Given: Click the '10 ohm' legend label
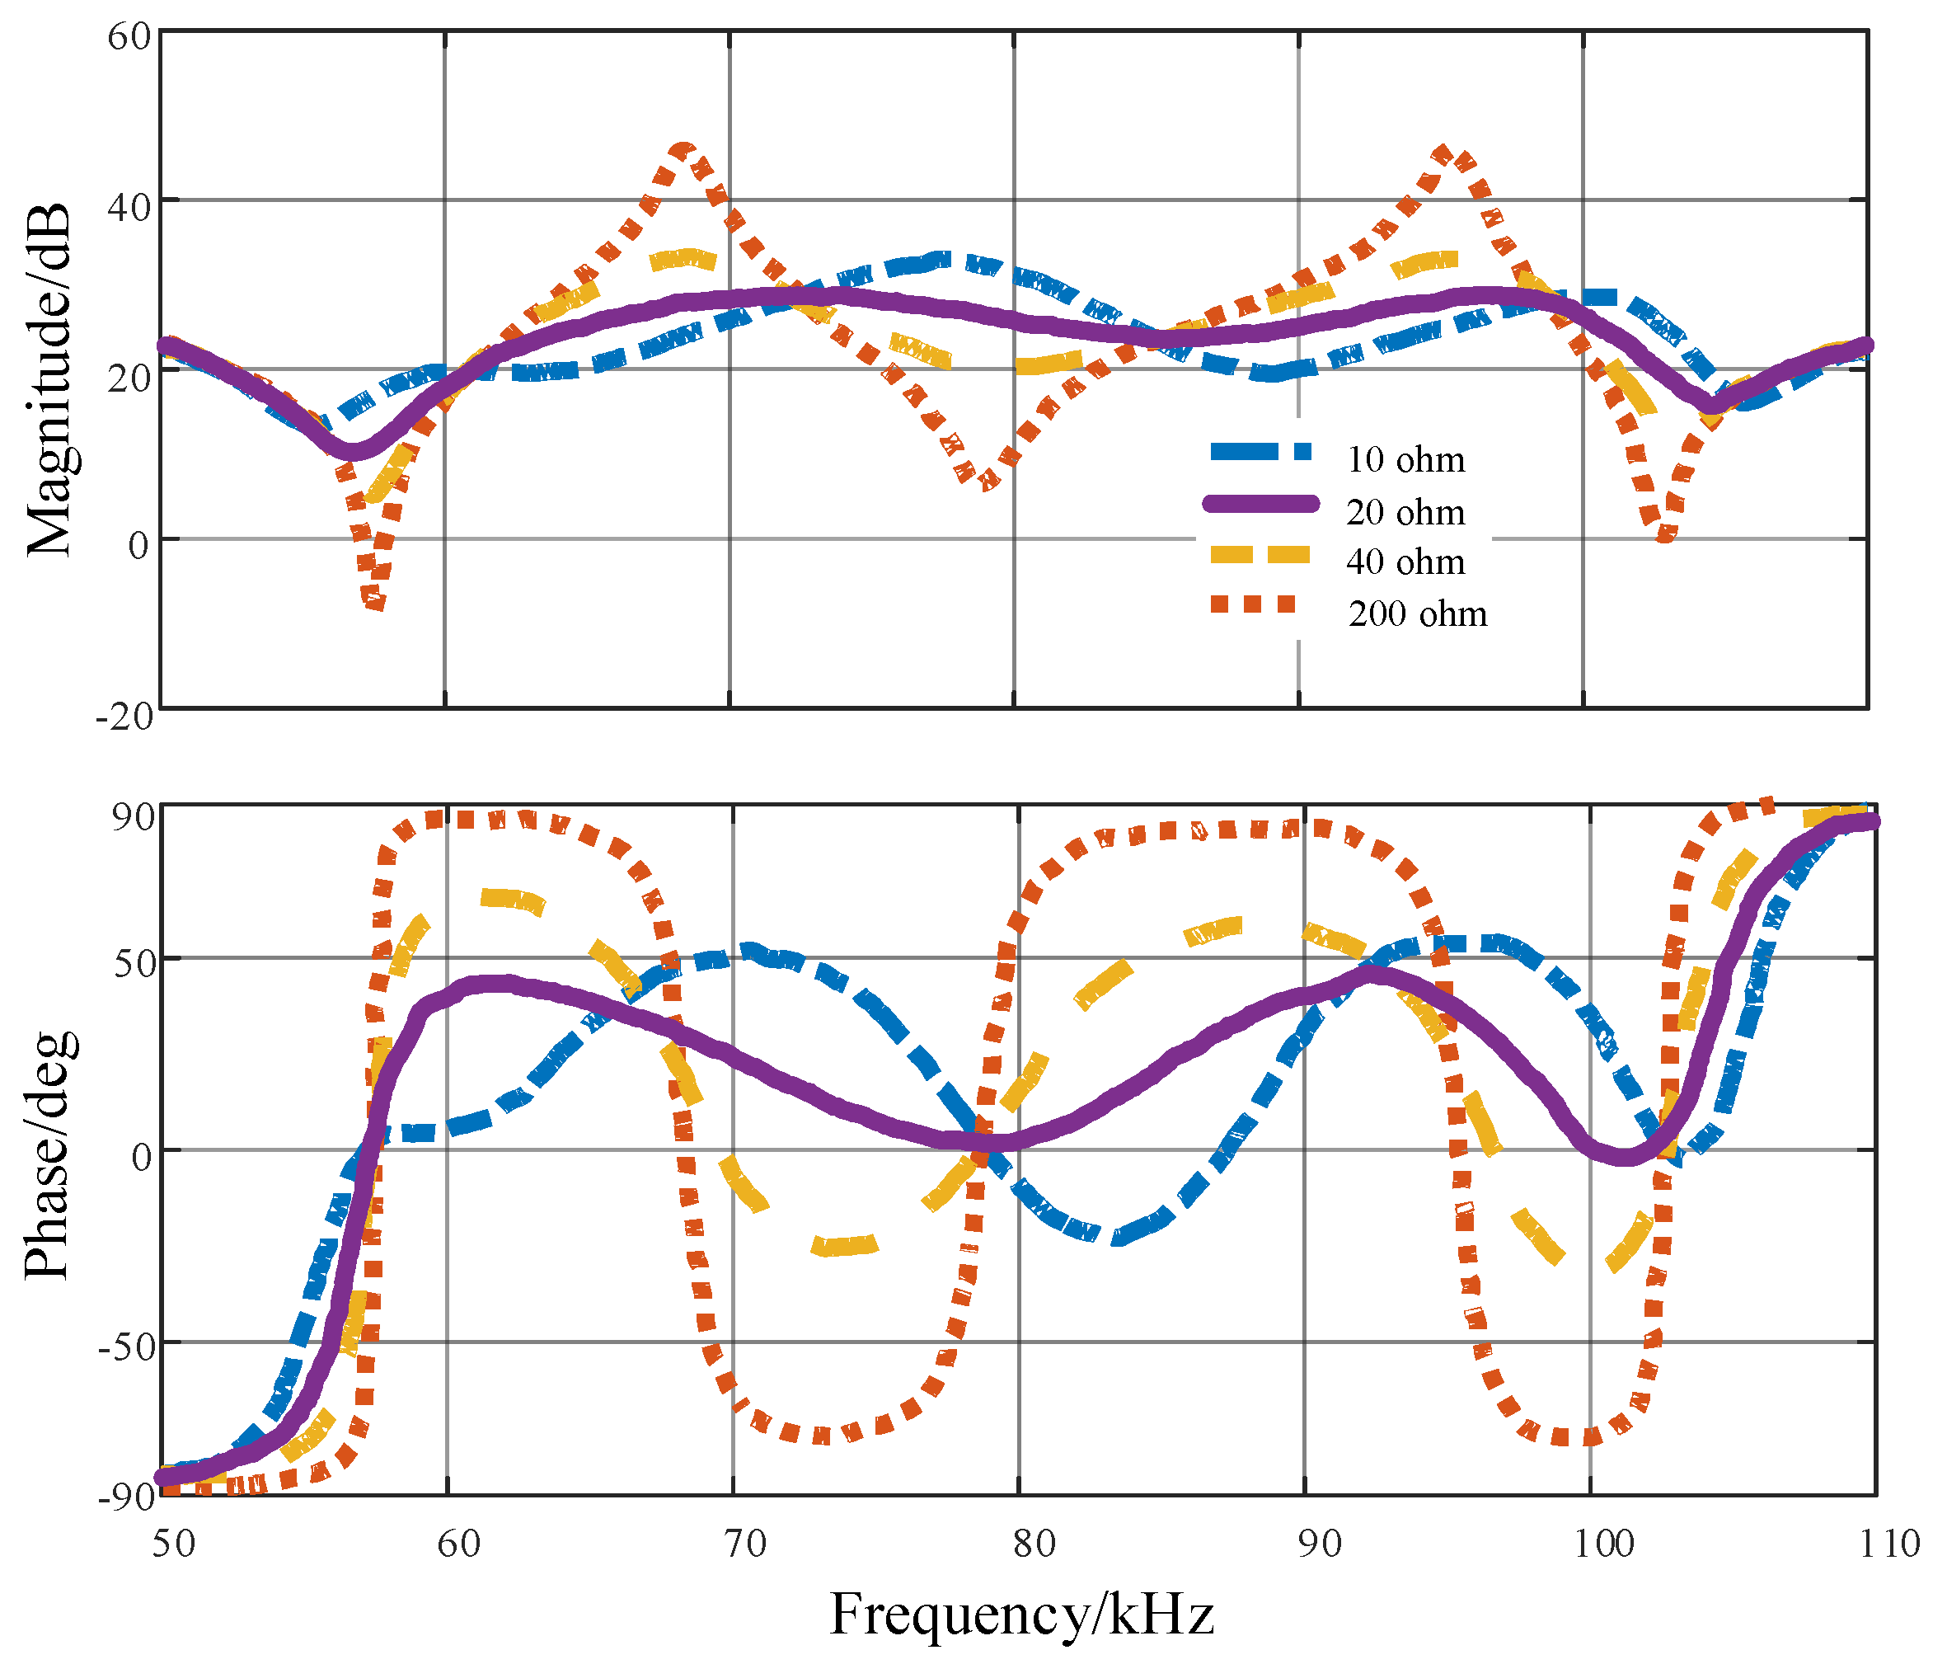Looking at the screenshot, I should pyautogui.click(x=1405, y=460).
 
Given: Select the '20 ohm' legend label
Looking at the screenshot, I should pyautogui.click(x=1405, y=512).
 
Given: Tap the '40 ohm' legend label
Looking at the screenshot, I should pyautogui.click(x=1405, y=562).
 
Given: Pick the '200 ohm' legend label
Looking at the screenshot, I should pyautogui.click(x=1417, y=613).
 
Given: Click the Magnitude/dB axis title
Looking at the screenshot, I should pyautogui.click(x=49, y=380).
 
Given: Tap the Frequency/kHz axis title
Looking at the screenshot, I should pyautogui.click(x=1021, y=1615).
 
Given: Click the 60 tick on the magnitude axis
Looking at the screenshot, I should pyautogui.click(x=129, y=38).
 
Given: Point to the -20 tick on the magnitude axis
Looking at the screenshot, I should pyautogui.click(x=123, y=717).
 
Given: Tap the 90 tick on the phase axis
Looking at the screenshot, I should pyautogui.click(x=133, y=816).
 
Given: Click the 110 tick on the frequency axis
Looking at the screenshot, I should pyautogui.click(x=1888, y=1544).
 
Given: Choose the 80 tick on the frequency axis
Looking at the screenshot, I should pyautogui.click(x=1034, y=1544).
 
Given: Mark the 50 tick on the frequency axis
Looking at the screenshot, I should pyautogui.click(x=174, y=1544).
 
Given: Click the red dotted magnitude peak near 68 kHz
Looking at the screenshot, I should pyautogui.click(x=684, y=148).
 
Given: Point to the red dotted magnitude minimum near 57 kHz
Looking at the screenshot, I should pyautogui.click(x=375, y=603).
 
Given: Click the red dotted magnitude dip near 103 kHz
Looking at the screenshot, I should pyautogui.click(x=1665, y=537).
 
